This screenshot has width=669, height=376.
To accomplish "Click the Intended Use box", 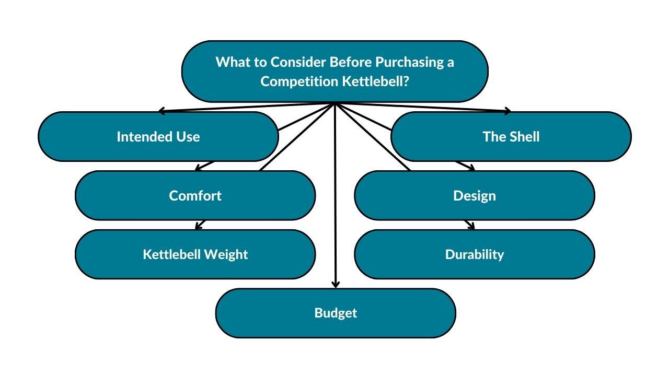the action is coord(158,136).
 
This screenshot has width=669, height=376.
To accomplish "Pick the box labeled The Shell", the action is coord(511,136).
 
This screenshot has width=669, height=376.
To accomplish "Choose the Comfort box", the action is coord(195,195).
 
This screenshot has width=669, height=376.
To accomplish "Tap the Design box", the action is coord(475,195).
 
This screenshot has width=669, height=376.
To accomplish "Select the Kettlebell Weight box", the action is coord(195,254).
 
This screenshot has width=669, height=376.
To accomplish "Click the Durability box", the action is coord(475,254).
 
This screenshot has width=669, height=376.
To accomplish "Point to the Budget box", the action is coord(336,313).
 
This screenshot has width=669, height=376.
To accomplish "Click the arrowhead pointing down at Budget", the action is coord(336,285).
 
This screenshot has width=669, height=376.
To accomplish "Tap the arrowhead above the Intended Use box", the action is coord(162,111).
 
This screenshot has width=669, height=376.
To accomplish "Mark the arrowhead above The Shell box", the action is coord(507,111).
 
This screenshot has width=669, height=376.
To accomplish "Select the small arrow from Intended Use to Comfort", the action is coord(204,166).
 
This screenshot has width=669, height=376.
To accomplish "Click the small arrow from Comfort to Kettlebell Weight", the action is coord(200,225).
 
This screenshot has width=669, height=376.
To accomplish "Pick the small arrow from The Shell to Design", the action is coord(465,166).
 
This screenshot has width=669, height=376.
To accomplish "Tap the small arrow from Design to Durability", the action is coord(469,225).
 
